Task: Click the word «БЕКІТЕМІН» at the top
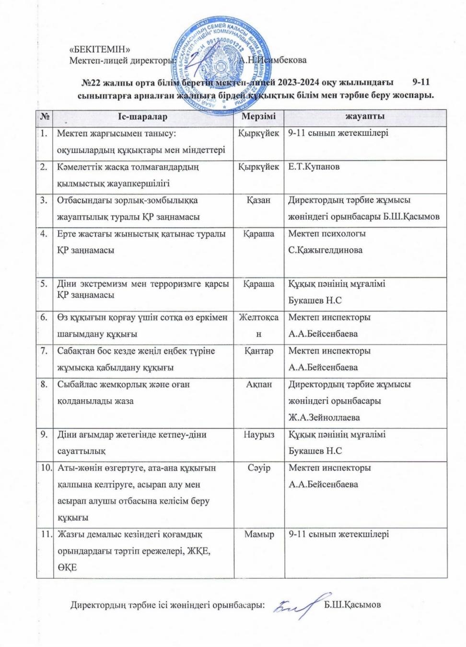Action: click(x=100, y=49)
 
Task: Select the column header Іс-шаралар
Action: click(x=143, y=117)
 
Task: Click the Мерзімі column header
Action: click(x=259, y=117)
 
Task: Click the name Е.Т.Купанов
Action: click(x=314, y=167)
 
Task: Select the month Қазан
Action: click(x=259, y=200)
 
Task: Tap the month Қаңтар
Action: click(x=259, y=351)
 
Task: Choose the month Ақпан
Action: click(x=259, y=384)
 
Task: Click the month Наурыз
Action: click(x=259, y=435)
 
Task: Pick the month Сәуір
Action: click(x=259, y=468)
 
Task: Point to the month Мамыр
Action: click(x=259, y=534)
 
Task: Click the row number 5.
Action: click(x=44, y=284)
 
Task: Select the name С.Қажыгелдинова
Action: click(x=326, y=250)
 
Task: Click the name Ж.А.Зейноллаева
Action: click(x=324, y=417)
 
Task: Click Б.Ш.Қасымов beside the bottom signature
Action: click(x=352, y=605)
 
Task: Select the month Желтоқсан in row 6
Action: click(x=259, y=325)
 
